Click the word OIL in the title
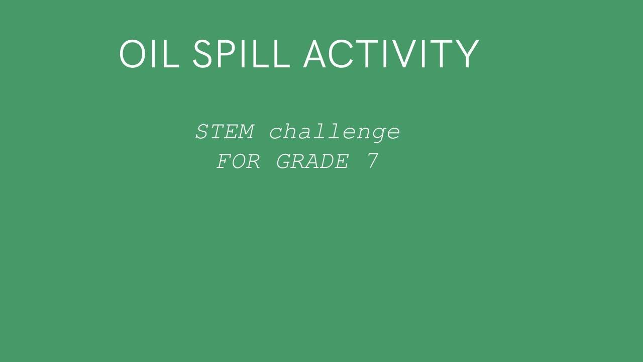149,54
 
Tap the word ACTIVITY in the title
391,54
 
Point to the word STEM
225,132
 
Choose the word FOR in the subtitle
239,162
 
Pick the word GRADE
312,162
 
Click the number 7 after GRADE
372,161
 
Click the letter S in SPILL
203,54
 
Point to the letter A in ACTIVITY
315,54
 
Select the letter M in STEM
246,132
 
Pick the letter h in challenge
291,132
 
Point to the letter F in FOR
224,162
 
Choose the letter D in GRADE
328,162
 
